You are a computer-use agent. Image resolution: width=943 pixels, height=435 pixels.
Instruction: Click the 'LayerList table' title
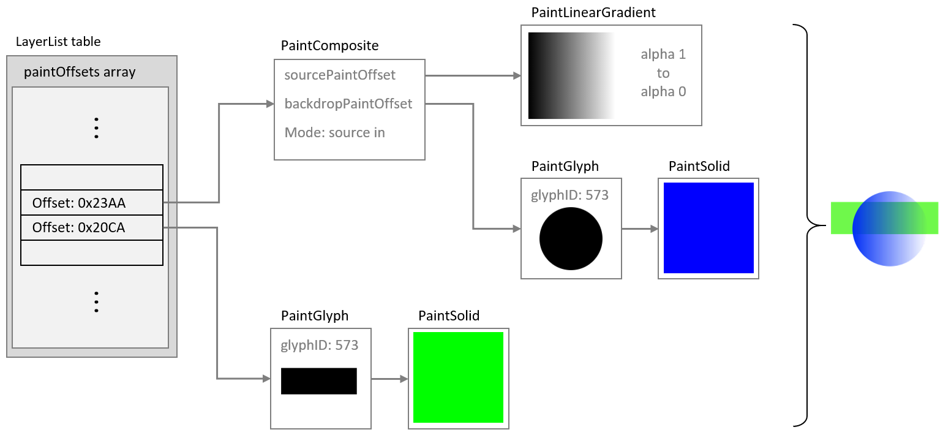[x=58, y=42]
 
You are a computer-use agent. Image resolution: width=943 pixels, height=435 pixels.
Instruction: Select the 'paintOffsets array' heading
[x=80, y=73]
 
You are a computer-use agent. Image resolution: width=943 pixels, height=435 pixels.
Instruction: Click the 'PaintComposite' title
[x=329, y=46]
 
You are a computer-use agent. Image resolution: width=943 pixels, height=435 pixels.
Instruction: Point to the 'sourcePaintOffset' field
[x=340, y=75]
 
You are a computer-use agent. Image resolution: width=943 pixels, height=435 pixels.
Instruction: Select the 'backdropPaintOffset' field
[x=348, y=104]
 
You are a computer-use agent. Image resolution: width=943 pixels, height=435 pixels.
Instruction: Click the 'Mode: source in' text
[x=334, y=132]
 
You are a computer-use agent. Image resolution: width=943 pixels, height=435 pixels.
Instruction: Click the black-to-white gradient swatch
[x=571, y=75]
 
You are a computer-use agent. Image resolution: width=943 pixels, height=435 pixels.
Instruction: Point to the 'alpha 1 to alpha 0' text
[x=663, y=74]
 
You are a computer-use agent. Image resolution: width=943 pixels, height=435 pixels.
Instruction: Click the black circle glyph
[x=571, y=239]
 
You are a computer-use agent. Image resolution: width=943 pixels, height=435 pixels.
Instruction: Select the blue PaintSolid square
[x=708, y=228]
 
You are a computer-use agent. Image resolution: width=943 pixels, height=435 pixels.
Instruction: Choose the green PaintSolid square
[x=458, y=377]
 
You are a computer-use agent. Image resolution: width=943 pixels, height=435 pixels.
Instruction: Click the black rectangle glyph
[x=318, y=380]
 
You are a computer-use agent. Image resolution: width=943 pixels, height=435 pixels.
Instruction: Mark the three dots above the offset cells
[x=96, y=127]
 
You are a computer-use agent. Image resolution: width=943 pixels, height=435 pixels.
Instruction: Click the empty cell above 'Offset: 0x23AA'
[x=92, y=177]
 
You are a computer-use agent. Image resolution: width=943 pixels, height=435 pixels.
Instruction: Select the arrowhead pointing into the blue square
[x=654, y=229]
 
